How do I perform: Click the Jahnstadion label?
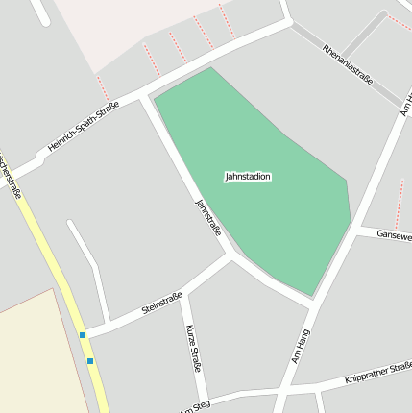pos(248,177)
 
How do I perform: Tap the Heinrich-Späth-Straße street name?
pos(83,127)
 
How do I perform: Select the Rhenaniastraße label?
pos(348,63)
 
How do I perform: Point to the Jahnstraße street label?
pos(208,217)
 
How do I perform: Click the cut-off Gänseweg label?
pos(394,235)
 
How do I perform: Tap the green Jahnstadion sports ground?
pos(269,221)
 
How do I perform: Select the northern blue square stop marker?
pos(83,335)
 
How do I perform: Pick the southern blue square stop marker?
pos(90,361)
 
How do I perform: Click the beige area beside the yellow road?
pos(34,355)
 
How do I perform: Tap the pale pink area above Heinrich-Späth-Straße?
pos(115,29)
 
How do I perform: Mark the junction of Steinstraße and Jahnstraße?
pos(230,257)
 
